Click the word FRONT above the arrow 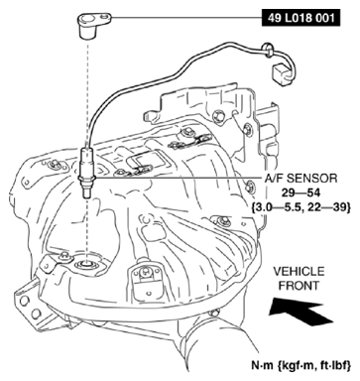point(297,286)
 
